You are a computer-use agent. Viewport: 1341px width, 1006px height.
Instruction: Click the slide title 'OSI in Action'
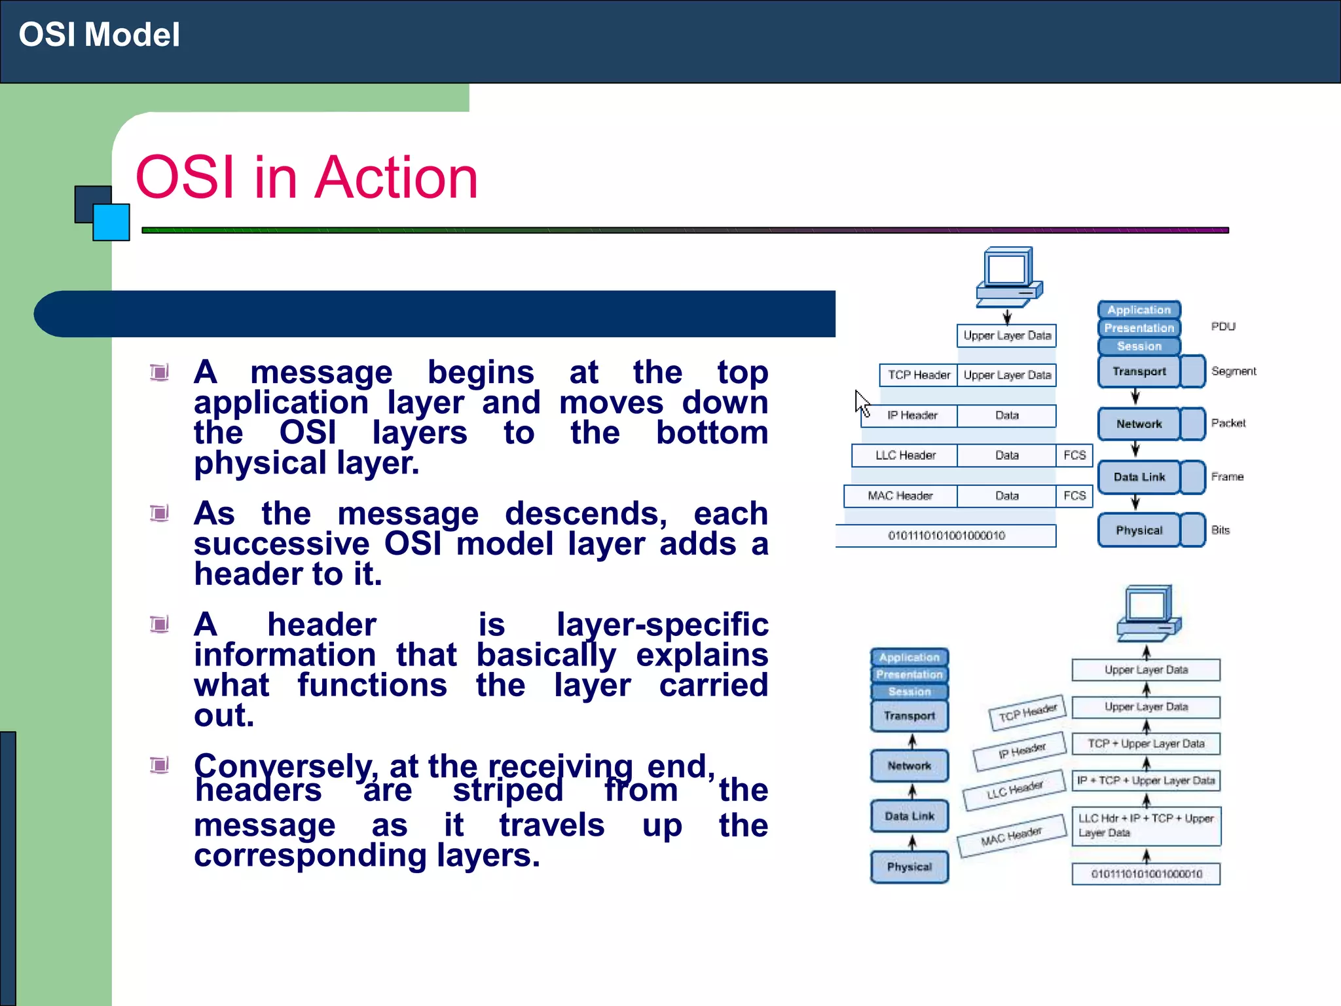306,177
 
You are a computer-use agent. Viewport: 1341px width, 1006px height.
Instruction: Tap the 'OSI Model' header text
99,35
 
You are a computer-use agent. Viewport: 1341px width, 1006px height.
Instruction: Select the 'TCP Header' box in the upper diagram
918,375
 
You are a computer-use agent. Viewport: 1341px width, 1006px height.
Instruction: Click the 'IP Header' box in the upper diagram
911,416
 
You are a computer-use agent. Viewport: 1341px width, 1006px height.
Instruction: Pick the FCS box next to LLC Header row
1074,455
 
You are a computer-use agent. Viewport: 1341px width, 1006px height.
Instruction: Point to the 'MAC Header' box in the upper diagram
900,496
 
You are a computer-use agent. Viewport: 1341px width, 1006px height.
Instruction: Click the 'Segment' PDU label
1233,371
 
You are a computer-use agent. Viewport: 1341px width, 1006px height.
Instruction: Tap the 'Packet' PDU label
1228,423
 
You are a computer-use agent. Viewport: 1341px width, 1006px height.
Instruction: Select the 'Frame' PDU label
1226,477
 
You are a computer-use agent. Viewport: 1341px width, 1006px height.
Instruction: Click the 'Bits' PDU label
1220,530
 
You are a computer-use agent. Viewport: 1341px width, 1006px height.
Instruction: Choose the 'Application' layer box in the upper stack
1139,310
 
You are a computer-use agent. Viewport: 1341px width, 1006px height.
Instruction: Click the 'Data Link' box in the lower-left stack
909,816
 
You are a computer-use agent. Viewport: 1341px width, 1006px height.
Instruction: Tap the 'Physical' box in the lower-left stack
909,866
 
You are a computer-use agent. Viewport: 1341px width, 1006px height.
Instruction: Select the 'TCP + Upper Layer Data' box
1145,744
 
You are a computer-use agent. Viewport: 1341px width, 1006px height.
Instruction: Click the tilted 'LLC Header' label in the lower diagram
1014,791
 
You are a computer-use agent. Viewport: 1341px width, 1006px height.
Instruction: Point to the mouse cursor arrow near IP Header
862,402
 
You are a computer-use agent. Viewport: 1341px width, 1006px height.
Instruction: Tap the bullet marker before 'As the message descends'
159,513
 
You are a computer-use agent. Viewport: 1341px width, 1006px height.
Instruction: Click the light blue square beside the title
111,223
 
